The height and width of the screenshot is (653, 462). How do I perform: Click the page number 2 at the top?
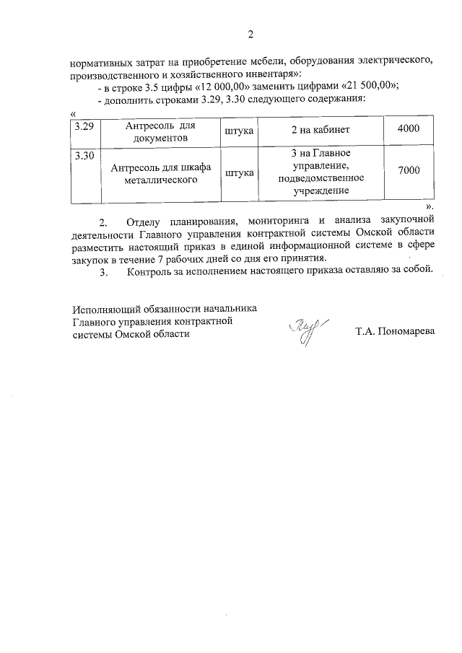[x=250, y=34]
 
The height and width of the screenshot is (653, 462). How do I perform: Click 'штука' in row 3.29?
[x=239, y=131]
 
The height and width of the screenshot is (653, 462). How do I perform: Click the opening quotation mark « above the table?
[x=73, y=113]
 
